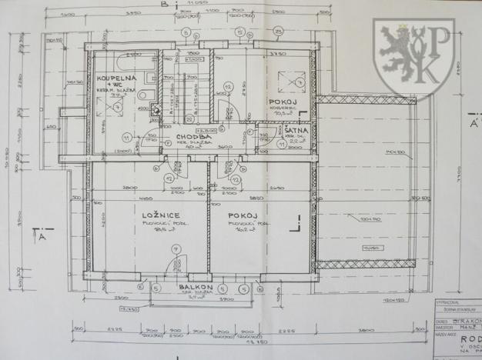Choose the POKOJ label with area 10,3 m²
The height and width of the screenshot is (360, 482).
[282, 102]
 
